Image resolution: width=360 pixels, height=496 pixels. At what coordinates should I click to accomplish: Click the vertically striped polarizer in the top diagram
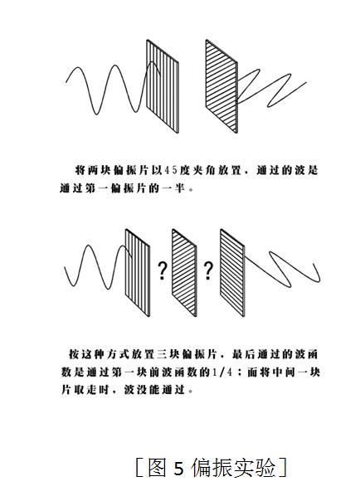pos(163,86)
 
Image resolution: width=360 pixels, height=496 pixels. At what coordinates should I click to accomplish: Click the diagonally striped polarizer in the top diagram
pos(221,86)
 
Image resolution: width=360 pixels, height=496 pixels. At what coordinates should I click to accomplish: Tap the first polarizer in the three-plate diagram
pos(138,272)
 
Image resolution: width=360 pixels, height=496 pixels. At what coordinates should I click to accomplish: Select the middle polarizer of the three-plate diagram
pos(184,272)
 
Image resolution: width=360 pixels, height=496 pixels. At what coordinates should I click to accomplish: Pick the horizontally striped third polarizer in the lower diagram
pos(232,272)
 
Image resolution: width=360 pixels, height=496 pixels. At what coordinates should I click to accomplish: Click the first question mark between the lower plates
pos(162,270)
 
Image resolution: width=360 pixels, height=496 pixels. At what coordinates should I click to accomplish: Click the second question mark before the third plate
pos(208,270)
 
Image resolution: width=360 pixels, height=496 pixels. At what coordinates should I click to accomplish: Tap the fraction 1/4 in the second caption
pos(222,372)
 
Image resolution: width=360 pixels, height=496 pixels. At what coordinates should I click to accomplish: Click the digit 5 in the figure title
pos(178,468)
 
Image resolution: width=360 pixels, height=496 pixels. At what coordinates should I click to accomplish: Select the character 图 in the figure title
pos(157,468)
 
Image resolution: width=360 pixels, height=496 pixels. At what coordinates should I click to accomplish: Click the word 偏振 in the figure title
pos(212,468)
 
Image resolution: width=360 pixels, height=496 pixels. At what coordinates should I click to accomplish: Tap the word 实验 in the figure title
pos(255,468)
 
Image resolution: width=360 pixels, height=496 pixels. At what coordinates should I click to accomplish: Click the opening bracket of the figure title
pos(139,468)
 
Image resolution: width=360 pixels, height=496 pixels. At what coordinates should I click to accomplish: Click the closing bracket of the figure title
pos(283,468)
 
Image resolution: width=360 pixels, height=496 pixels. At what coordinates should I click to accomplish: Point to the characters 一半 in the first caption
pos(173,188)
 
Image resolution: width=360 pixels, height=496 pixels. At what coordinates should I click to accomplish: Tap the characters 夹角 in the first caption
pos(203,171)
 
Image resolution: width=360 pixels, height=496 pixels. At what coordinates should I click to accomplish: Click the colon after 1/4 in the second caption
pos(240,372)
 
